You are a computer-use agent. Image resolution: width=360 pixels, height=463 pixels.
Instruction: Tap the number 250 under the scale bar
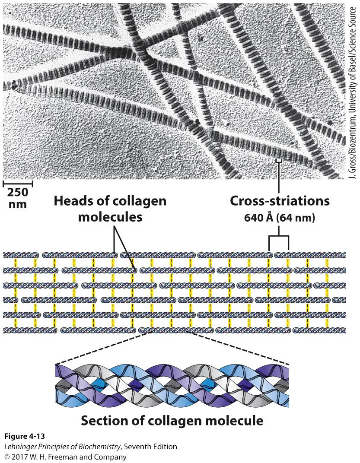coord(18,193)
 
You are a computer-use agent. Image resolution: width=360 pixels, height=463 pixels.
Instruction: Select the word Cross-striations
coord(280,201)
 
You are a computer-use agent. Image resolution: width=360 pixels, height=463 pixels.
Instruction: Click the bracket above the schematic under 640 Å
coord(279,237)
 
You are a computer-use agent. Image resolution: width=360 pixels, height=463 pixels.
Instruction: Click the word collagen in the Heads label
coord(140,201)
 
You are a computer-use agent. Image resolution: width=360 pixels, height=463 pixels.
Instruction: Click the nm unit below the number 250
coord(18,204)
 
